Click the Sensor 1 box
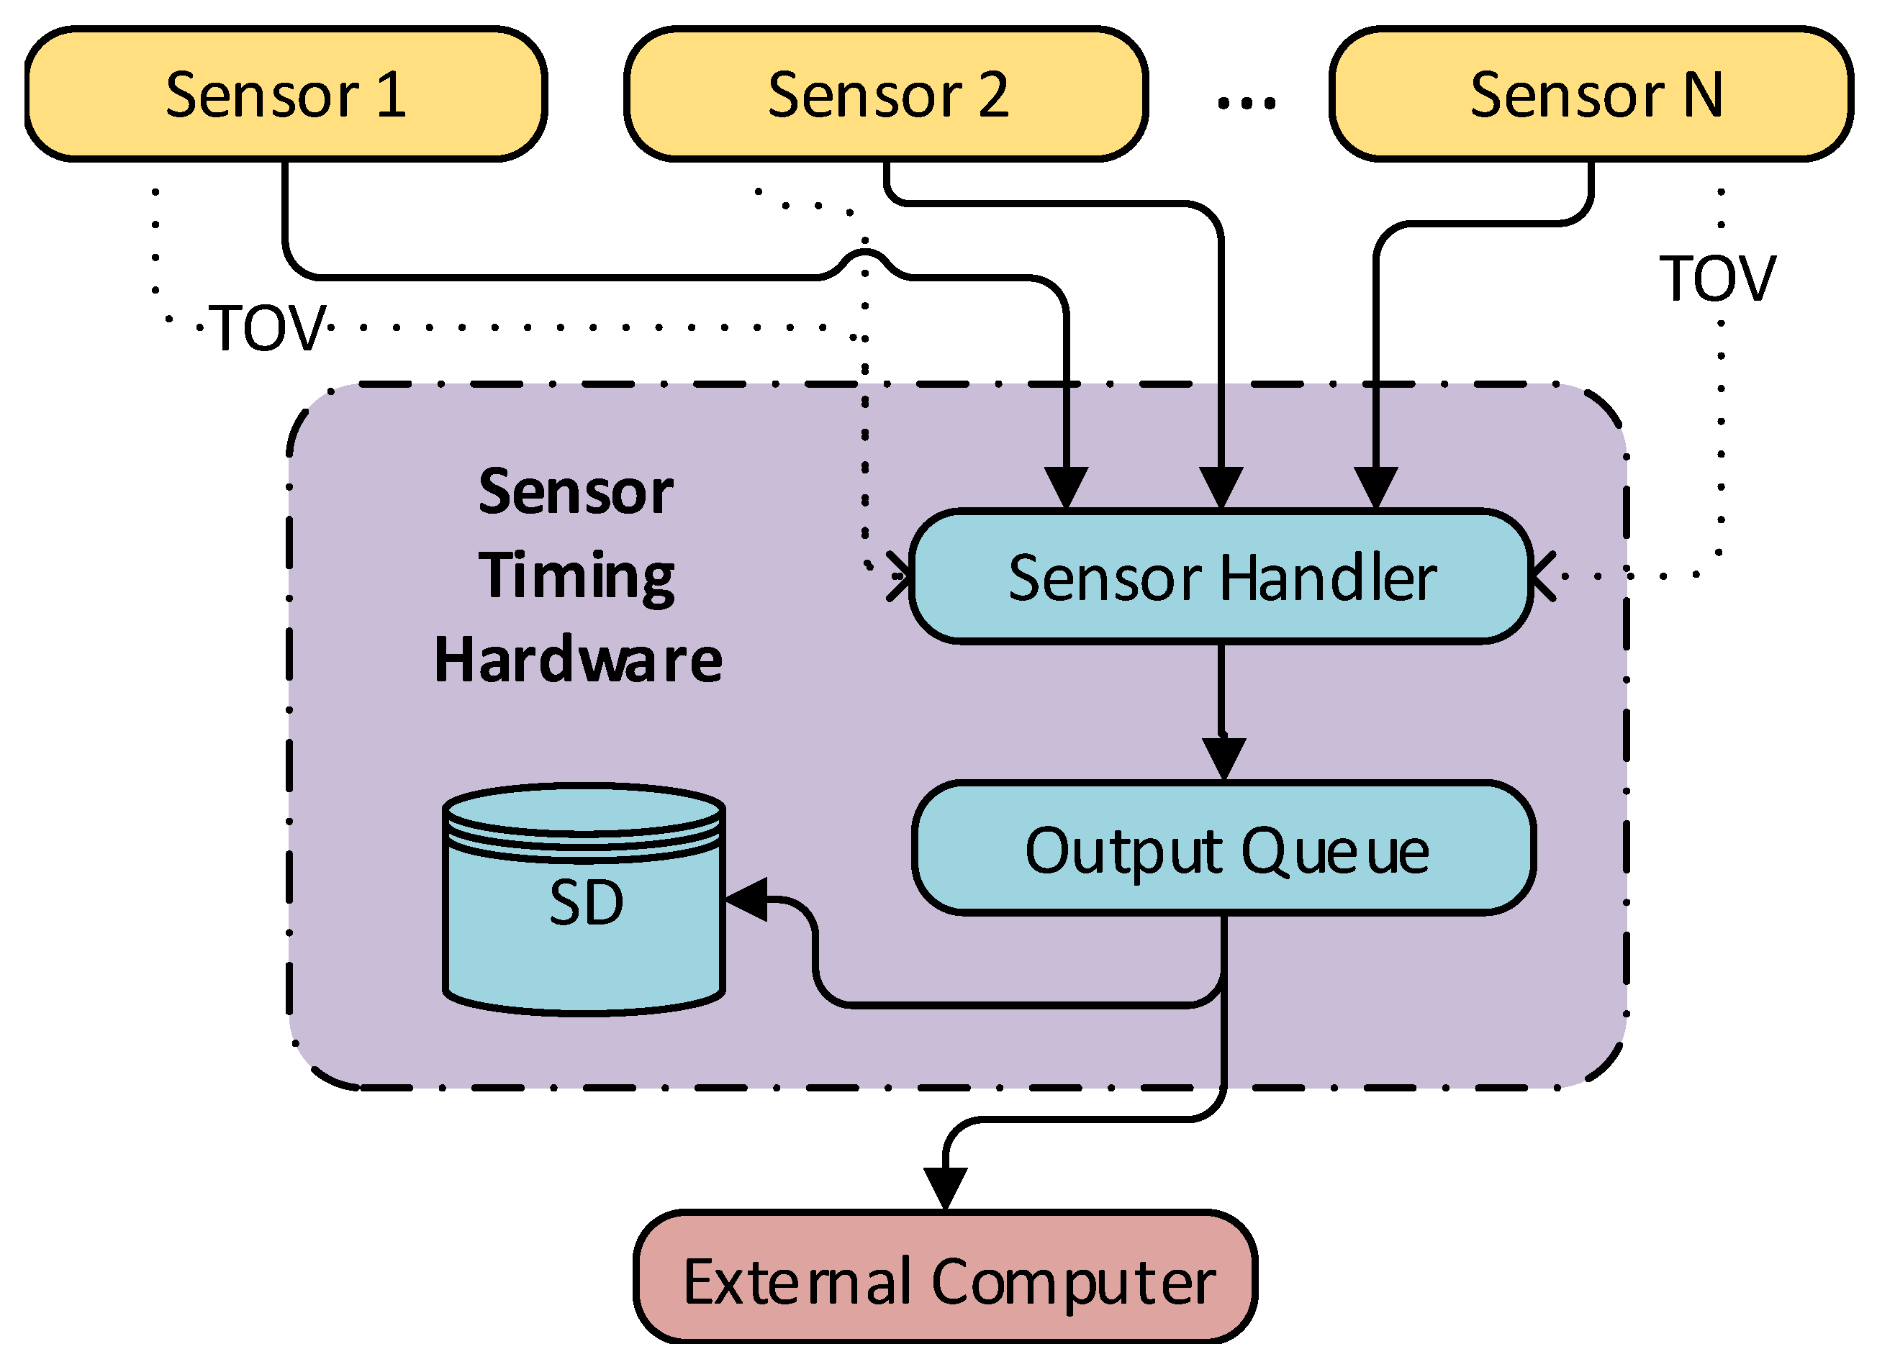tap(285, 94)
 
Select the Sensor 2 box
tap(886, 94)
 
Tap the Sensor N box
tap(1591, 94)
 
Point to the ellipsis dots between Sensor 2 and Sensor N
tap(1246, 103)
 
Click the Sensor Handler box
tap(1221, 577)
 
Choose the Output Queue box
tap(1224, 849)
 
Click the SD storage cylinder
tap(584, 901)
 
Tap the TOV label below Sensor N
tap(1717, 278)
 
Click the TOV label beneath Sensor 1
tap(268, 328)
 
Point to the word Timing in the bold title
tap(576, 575)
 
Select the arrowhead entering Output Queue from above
tap(1223, 757)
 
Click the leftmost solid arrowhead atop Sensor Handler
tap(1065, 486)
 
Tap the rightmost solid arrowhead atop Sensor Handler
tap(1375, 486)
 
